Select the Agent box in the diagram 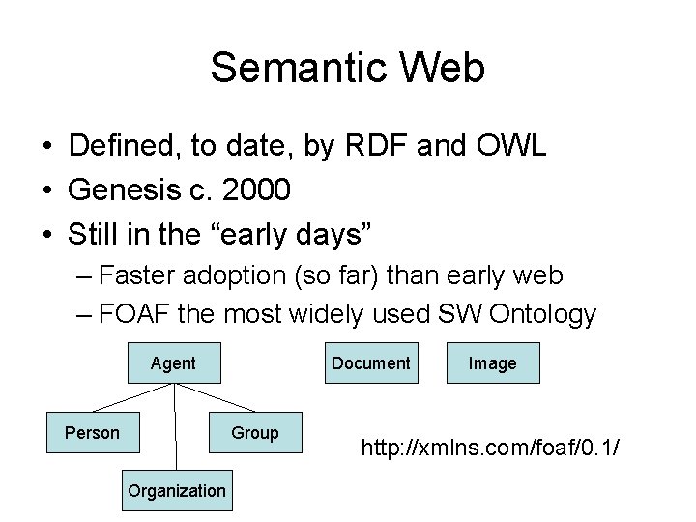[173, 363]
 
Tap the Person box [92, 432]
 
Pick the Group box [255, 432]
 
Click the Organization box [176, 490]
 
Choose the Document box [371, 363]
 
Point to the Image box [492, 363]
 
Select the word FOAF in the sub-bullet [135, 313]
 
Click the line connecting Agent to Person [132, 397]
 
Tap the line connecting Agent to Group [215, 397]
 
